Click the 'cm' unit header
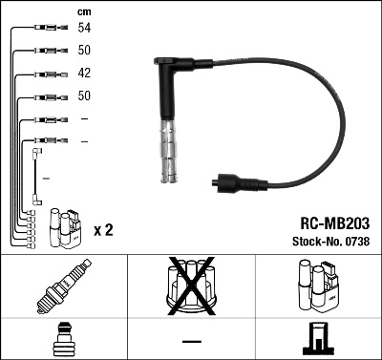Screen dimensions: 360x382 pyautogui.click(x=83, y=11)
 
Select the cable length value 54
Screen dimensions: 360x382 pyautogui.click(x=85, y=28)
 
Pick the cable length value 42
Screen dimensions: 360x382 pyautogui.click(x=85, y=74)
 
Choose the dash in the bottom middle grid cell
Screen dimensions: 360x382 pyautogui.click(x=191, y=340)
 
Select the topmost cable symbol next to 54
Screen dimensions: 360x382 pyautogui.click(x=46, y=28)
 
